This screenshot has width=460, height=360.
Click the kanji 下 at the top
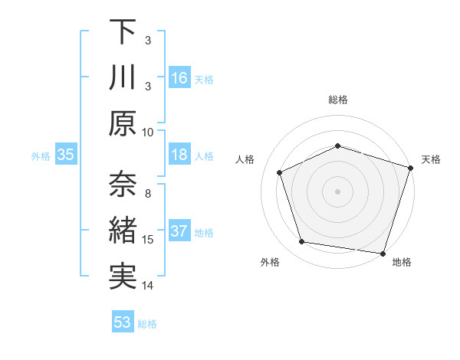click(x=123, y=32)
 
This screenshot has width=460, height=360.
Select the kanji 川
click(x=123, y=78)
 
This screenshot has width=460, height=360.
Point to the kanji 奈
click(x=123, y=185)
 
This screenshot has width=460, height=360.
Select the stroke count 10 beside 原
click(x=149, y=132)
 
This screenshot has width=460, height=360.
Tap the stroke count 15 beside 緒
click(x=149, y=240)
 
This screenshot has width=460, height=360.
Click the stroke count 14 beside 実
click(x=149, y=286)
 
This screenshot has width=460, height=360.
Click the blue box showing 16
click(x=179, y=78)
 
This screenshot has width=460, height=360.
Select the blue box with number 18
click(x=179, y=155)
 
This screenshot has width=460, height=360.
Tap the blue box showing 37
click(x=179, y=231)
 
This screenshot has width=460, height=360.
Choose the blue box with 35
click(x=66, y=155)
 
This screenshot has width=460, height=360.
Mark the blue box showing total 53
click(x=123, y=322)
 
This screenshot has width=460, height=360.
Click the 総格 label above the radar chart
click(x=338, y=100)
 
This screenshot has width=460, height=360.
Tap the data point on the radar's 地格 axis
click(x=383, y=253)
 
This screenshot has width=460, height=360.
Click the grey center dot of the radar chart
click(x=338, y=191)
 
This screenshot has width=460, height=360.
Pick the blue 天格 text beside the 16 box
click(x=204, y=80)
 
